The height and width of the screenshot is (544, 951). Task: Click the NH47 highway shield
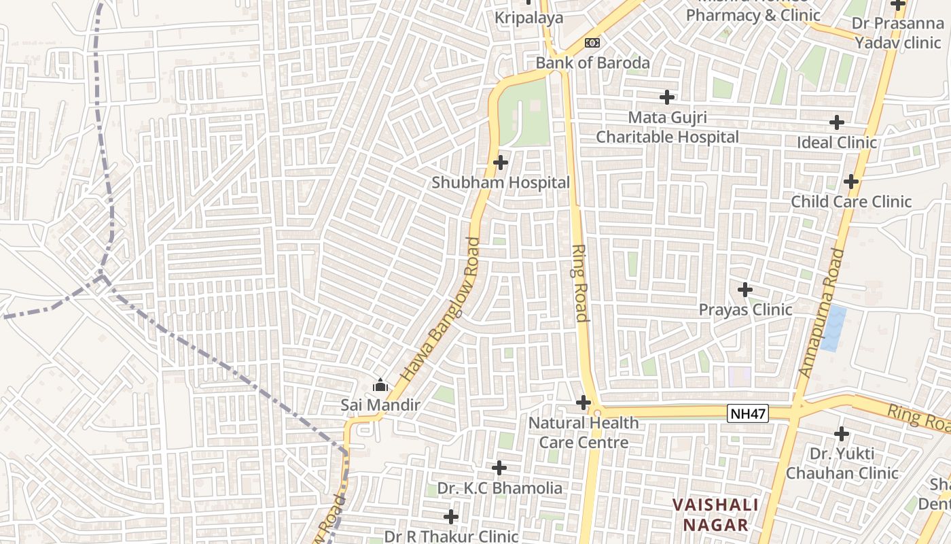748,413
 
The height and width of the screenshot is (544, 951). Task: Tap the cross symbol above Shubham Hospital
501,163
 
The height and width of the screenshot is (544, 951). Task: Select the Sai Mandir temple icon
380,386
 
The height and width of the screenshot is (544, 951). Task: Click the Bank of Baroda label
592,63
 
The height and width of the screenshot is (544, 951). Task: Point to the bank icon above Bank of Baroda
592,43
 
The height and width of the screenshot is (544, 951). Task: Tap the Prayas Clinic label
745,310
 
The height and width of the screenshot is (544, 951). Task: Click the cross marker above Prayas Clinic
745,290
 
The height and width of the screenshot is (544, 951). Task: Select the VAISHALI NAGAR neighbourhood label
715,515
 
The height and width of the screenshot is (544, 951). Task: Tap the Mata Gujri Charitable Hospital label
667,127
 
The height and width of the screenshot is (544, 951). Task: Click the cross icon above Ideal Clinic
837,122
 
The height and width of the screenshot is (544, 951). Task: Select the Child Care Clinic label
851,202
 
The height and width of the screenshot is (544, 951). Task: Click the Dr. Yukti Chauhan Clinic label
842,463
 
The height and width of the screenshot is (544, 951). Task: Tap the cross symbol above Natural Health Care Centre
583,403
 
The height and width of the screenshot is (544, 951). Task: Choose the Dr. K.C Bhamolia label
499,488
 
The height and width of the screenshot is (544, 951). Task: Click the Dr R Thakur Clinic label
451,537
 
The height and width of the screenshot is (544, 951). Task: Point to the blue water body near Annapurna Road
833,328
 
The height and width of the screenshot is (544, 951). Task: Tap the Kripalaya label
528,18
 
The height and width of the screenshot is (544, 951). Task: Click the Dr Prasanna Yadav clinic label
897,33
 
